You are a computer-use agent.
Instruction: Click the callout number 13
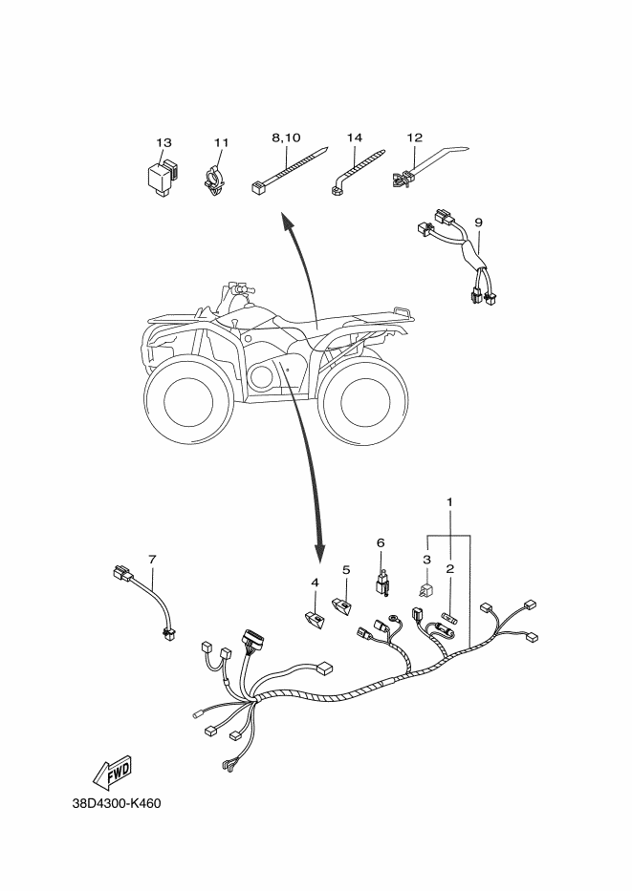coord(163,142)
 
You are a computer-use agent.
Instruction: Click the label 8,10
coord(286,138)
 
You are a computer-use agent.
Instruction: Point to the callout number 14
coord(355,138)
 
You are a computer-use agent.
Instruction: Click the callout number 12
coord(415,138)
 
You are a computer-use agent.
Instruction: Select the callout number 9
coord(478,223)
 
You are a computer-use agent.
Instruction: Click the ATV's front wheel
coord(187,400)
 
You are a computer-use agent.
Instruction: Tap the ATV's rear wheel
coord(363,403)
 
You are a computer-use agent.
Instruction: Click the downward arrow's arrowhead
coord(319,550)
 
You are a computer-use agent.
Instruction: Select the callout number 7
coord(152,560)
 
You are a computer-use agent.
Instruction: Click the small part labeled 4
coord(314,620)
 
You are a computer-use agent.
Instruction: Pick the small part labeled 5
coord(342,605)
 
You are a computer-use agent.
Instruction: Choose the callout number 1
coord(449,501)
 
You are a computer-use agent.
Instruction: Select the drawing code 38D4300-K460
coord(117,803)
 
